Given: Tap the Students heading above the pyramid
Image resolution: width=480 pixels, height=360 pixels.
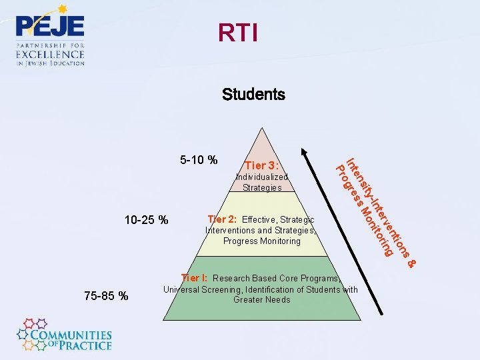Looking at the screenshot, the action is point(253,95).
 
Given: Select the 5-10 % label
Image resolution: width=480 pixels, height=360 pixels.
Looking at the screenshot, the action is point(199,160).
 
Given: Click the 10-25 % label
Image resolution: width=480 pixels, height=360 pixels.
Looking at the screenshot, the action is point(147,220).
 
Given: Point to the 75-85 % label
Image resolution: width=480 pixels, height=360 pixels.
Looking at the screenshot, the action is point(107,295).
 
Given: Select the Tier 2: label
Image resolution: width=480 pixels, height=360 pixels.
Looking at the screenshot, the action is point(223,219).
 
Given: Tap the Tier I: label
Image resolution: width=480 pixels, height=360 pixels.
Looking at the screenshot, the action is point(195,278).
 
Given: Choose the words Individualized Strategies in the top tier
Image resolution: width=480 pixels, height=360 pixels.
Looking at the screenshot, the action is point(262,183).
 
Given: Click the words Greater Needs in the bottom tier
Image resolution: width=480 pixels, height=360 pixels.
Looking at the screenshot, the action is point(262,300).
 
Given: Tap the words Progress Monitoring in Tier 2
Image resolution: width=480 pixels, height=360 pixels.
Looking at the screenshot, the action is point(262,241).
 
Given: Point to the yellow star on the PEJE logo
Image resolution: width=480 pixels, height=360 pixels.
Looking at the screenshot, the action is point(63,9).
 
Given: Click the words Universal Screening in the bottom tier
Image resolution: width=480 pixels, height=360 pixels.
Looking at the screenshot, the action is point(201,290).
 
